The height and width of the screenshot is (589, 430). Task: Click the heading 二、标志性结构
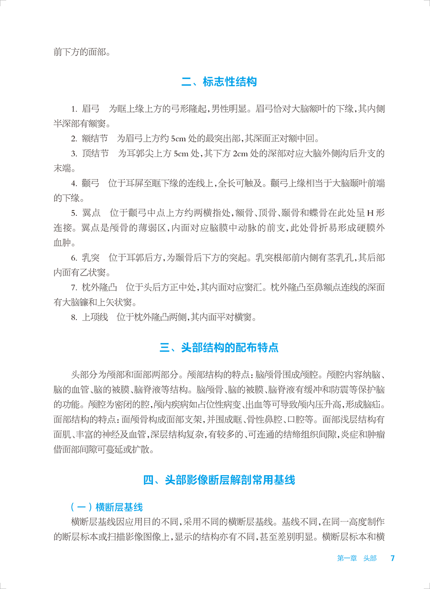tap(219, 82)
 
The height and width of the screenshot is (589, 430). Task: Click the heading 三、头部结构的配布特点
tap(219, 347)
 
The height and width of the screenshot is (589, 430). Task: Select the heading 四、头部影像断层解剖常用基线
tap(219, 480)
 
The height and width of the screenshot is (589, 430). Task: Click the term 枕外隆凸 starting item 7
tap(99, 288)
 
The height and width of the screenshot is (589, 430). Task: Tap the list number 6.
tap(74, 257)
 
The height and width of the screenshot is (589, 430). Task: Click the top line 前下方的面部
tap(82, 51)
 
